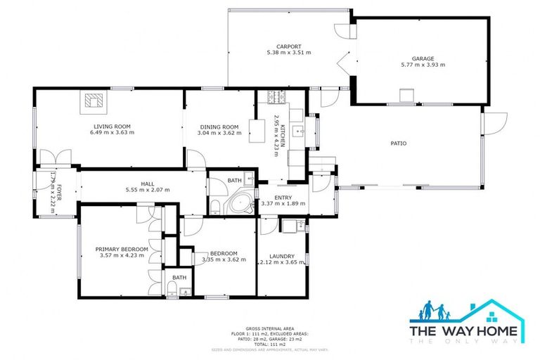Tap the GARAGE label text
point(423,58)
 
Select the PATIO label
point(399,143)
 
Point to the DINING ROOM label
point(218,127)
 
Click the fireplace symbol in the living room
point(92,102)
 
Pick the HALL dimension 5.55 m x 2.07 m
point(148,191)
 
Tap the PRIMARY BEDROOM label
point(122,249)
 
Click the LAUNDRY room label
point(281,256)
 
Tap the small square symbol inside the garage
point(405,95)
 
